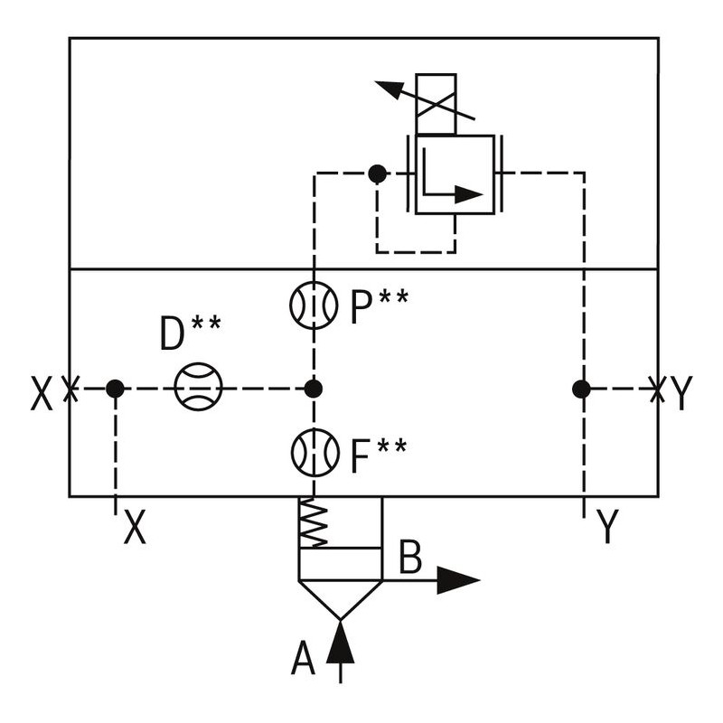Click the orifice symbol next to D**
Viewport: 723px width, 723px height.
pos(198,389)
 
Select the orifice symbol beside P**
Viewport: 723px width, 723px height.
pos(313,307)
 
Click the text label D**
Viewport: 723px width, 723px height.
pos(190,334)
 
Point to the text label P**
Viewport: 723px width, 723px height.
pos(379,307)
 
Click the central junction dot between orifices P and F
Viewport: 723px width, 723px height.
pos(313,389)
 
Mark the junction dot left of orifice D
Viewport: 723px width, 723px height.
pos(115,389)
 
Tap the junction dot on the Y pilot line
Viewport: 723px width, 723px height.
pos(581,389)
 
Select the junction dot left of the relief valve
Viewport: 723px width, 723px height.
pos(377,173)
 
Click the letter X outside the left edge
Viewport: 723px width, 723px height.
pos(42,394)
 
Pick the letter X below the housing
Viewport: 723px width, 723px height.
pos(135,528)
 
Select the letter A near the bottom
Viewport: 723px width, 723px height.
pos(304,660)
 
